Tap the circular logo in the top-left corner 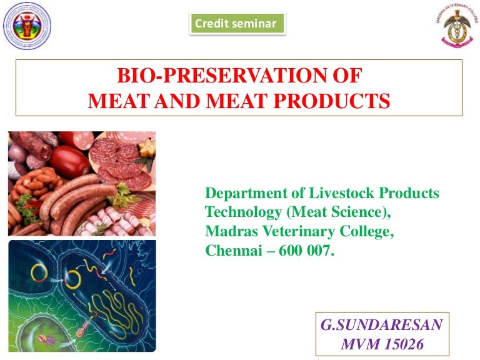pyautogui.click(x=27, y=26)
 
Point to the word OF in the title pyautogui.click(x=346, y=77)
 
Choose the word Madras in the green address pyautogui.click(x=229, y=232)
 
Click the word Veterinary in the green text pyautogui.click(x=293, y=232)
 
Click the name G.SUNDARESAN pyautogui.click(x=381, y=325)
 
